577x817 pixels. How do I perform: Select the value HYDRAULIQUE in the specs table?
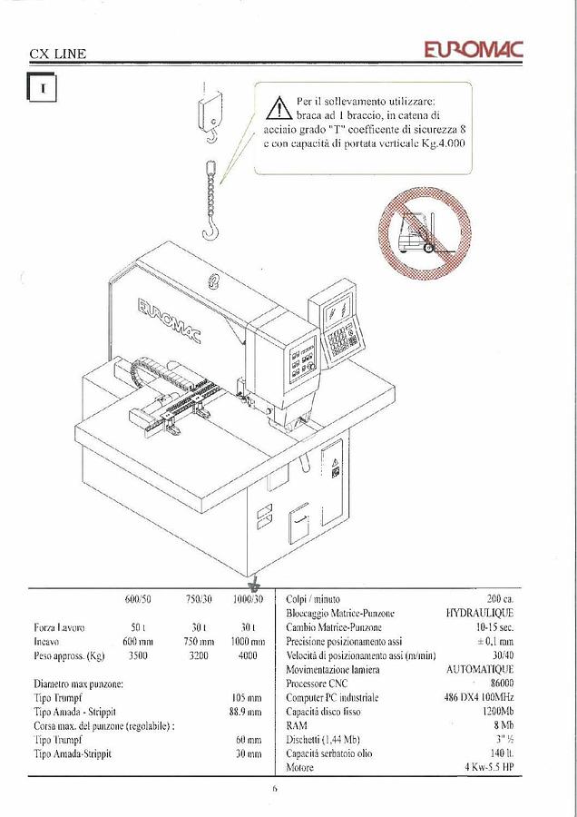click(x=479, y=614)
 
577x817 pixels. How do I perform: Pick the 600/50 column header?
click(x=138, y=600)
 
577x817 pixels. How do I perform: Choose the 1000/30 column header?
click(x=247, y=600)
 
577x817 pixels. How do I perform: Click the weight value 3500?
click(x=137, y=655)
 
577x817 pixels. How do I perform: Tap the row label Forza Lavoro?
click(x=59, y=627)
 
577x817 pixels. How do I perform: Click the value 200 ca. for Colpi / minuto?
click(x=500, y=600)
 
